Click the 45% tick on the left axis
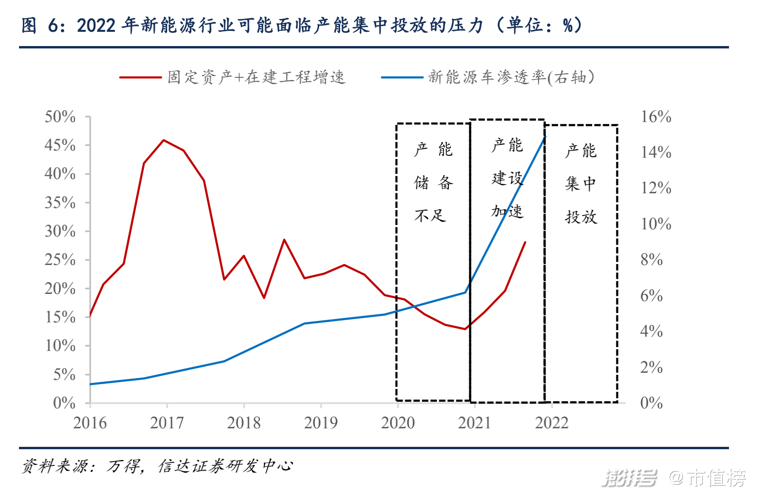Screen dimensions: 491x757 tap(60, 145)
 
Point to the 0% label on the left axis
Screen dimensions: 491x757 tap(64, 403)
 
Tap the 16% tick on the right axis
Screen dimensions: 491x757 tap(656, 117)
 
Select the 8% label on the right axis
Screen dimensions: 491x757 tap(651, 260)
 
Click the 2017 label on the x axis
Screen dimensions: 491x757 tap(167, 423)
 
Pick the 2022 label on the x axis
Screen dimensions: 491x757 tap(551, 423)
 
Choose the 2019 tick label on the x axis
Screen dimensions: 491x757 tap(321, 423)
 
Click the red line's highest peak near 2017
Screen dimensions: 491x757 tap(163, 140)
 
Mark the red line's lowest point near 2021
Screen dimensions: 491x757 tap(465, 329)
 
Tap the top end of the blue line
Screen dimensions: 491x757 tap(545, 137)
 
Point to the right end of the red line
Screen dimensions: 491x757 tap(525, 242)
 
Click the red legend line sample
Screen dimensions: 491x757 tap(140, 77)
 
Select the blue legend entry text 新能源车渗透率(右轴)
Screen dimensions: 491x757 tap(511, 77)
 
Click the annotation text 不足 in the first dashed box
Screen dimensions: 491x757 tap(430, 216)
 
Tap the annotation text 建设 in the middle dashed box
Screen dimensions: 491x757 tap(507, 179)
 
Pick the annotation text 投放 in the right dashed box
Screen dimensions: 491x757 tap(581, 217)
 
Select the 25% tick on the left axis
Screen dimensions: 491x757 tap(60, 260)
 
